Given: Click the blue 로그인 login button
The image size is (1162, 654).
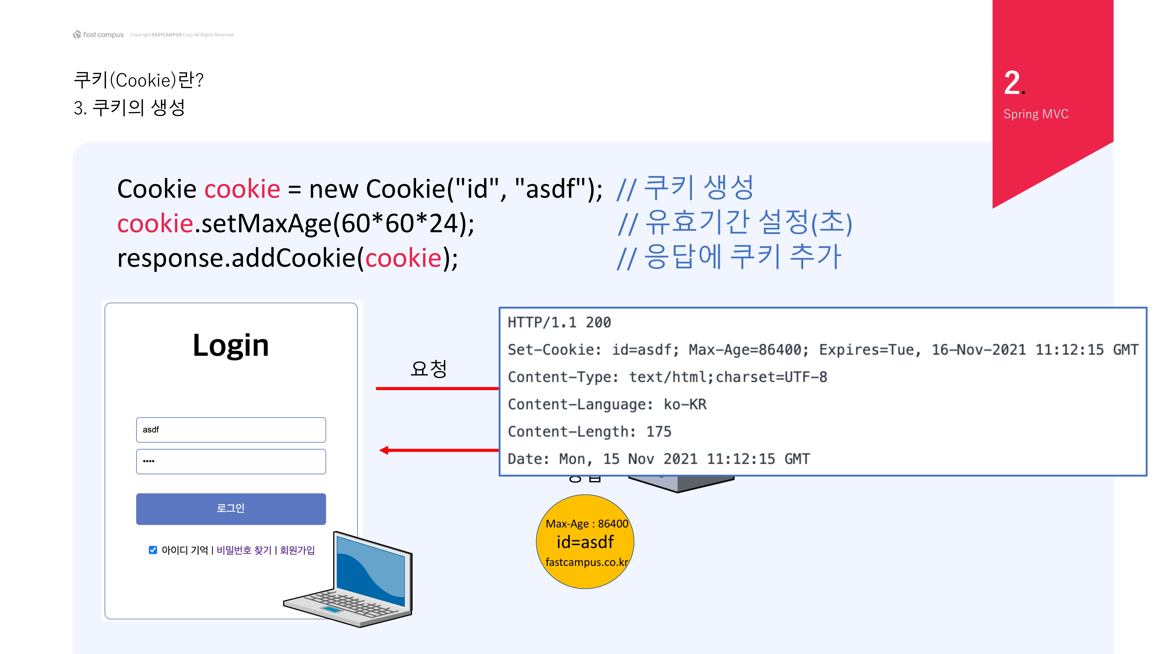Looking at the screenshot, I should point(231,509).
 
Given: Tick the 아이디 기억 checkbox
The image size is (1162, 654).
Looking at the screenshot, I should point(153,550).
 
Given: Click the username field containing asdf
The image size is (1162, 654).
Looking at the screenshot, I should point(231,430).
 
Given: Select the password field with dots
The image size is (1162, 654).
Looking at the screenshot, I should point(231,461).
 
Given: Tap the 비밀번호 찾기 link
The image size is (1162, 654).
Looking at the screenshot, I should point(244,550).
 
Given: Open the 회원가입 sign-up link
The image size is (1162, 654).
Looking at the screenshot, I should point(297,550).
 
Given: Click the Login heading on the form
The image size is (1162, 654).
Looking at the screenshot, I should point(231,345).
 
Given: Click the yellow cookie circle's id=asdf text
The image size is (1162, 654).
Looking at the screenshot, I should point(585,542).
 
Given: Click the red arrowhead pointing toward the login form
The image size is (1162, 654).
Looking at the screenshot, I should point(384,450).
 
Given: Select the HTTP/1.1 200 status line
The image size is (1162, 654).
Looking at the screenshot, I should point(559,322).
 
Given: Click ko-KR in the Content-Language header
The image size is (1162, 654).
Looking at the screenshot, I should point(685,405).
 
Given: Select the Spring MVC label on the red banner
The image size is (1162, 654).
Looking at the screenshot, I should point(1036,114).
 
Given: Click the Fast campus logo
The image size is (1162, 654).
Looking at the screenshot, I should point(98,35).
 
